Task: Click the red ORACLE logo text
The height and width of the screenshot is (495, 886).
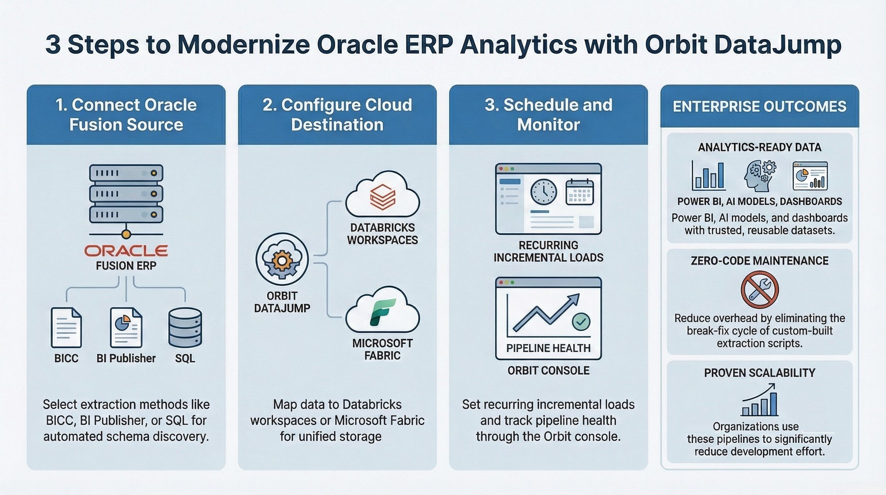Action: (126, 251)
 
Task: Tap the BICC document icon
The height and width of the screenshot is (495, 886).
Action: (66, 327)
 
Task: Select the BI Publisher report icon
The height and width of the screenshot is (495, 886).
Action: (126, 327)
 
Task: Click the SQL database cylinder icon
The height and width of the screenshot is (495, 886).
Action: (185, 327)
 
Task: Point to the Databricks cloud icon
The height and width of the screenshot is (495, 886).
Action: (382, 194)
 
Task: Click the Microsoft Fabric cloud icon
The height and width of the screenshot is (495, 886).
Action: (382, 310)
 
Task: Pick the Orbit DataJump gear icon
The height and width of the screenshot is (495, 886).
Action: (282, 259)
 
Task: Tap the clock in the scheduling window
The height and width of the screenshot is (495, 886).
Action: (544, 192)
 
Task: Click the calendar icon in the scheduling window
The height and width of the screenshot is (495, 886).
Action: (579, 192)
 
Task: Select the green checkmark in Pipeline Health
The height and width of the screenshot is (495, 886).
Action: (581, 321)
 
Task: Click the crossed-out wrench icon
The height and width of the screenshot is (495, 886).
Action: (759, 290)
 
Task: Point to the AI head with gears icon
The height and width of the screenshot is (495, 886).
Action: (759, 176)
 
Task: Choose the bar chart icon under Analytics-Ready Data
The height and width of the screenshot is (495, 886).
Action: (708, 175)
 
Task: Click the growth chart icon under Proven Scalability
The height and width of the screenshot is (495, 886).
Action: (759, 400)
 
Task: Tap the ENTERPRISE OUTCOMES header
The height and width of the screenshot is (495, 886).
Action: (759, 106)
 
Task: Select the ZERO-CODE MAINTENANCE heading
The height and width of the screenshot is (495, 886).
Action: (759, 261)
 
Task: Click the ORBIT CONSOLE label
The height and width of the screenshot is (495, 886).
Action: (548, 370)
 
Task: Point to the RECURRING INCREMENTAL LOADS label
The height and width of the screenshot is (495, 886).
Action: (548, 251)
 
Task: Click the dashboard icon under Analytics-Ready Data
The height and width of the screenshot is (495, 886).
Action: (810, 176)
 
